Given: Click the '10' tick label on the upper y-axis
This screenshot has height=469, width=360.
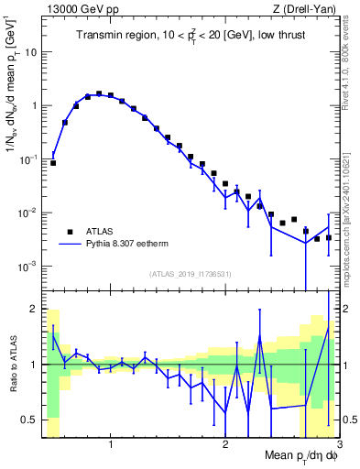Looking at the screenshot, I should coord(30,51).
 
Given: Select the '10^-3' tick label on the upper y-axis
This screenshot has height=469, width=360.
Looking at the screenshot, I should coord(27,267).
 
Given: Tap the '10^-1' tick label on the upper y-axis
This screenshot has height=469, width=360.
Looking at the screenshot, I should coord(27,158).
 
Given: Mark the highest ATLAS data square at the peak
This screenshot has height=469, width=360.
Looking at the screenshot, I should coord(99,93).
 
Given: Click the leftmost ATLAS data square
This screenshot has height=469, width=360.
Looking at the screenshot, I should coord(53,163).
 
